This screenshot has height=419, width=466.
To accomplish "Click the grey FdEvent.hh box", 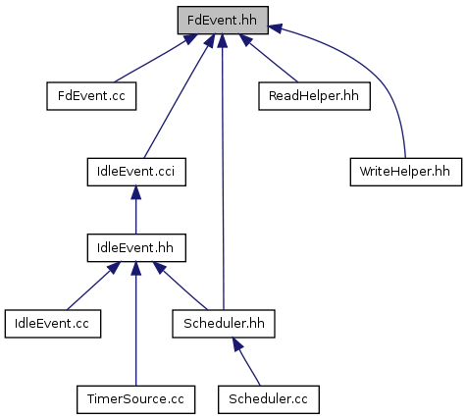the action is pyautogui.click(x=223, y=20).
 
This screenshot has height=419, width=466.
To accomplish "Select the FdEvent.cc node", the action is pyautogui.click(x=91, y=96).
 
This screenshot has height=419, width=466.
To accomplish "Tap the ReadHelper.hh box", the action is pyautogui.click(x=314, y=96).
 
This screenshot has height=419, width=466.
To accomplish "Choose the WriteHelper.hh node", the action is pyautogui.click(x=406, y=172).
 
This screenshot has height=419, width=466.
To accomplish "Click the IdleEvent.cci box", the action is pyautogui.click(x=136, y=172).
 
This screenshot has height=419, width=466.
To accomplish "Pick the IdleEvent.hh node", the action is pyautogui.click(x=136, y=247).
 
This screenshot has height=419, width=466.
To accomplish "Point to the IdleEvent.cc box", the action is pyautogui.click(x=53, y=324).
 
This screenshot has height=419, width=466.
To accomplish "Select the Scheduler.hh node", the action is pyautogui.click(x=224, y=324).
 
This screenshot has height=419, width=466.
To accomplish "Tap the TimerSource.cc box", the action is pyautogui.click(x=136, y=399).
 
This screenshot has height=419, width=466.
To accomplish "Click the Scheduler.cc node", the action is pyautogui.click(x=269, y=399).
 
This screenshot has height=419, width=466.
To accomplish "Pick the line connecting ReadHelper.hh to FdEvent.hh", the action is pyautogui.click(x=269, y=58).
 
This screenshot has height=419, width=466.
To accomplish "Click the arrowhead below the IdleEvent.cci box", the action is pyautogui.click(x=136, y=192).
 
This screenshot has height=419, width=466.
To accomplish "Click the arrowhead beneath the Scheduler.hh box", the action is pyautogui.click(x=238, y=344).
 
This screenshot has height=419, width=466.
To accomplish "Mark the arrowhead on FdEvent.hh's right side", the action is pyautogui.click(x=275, y=27).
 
